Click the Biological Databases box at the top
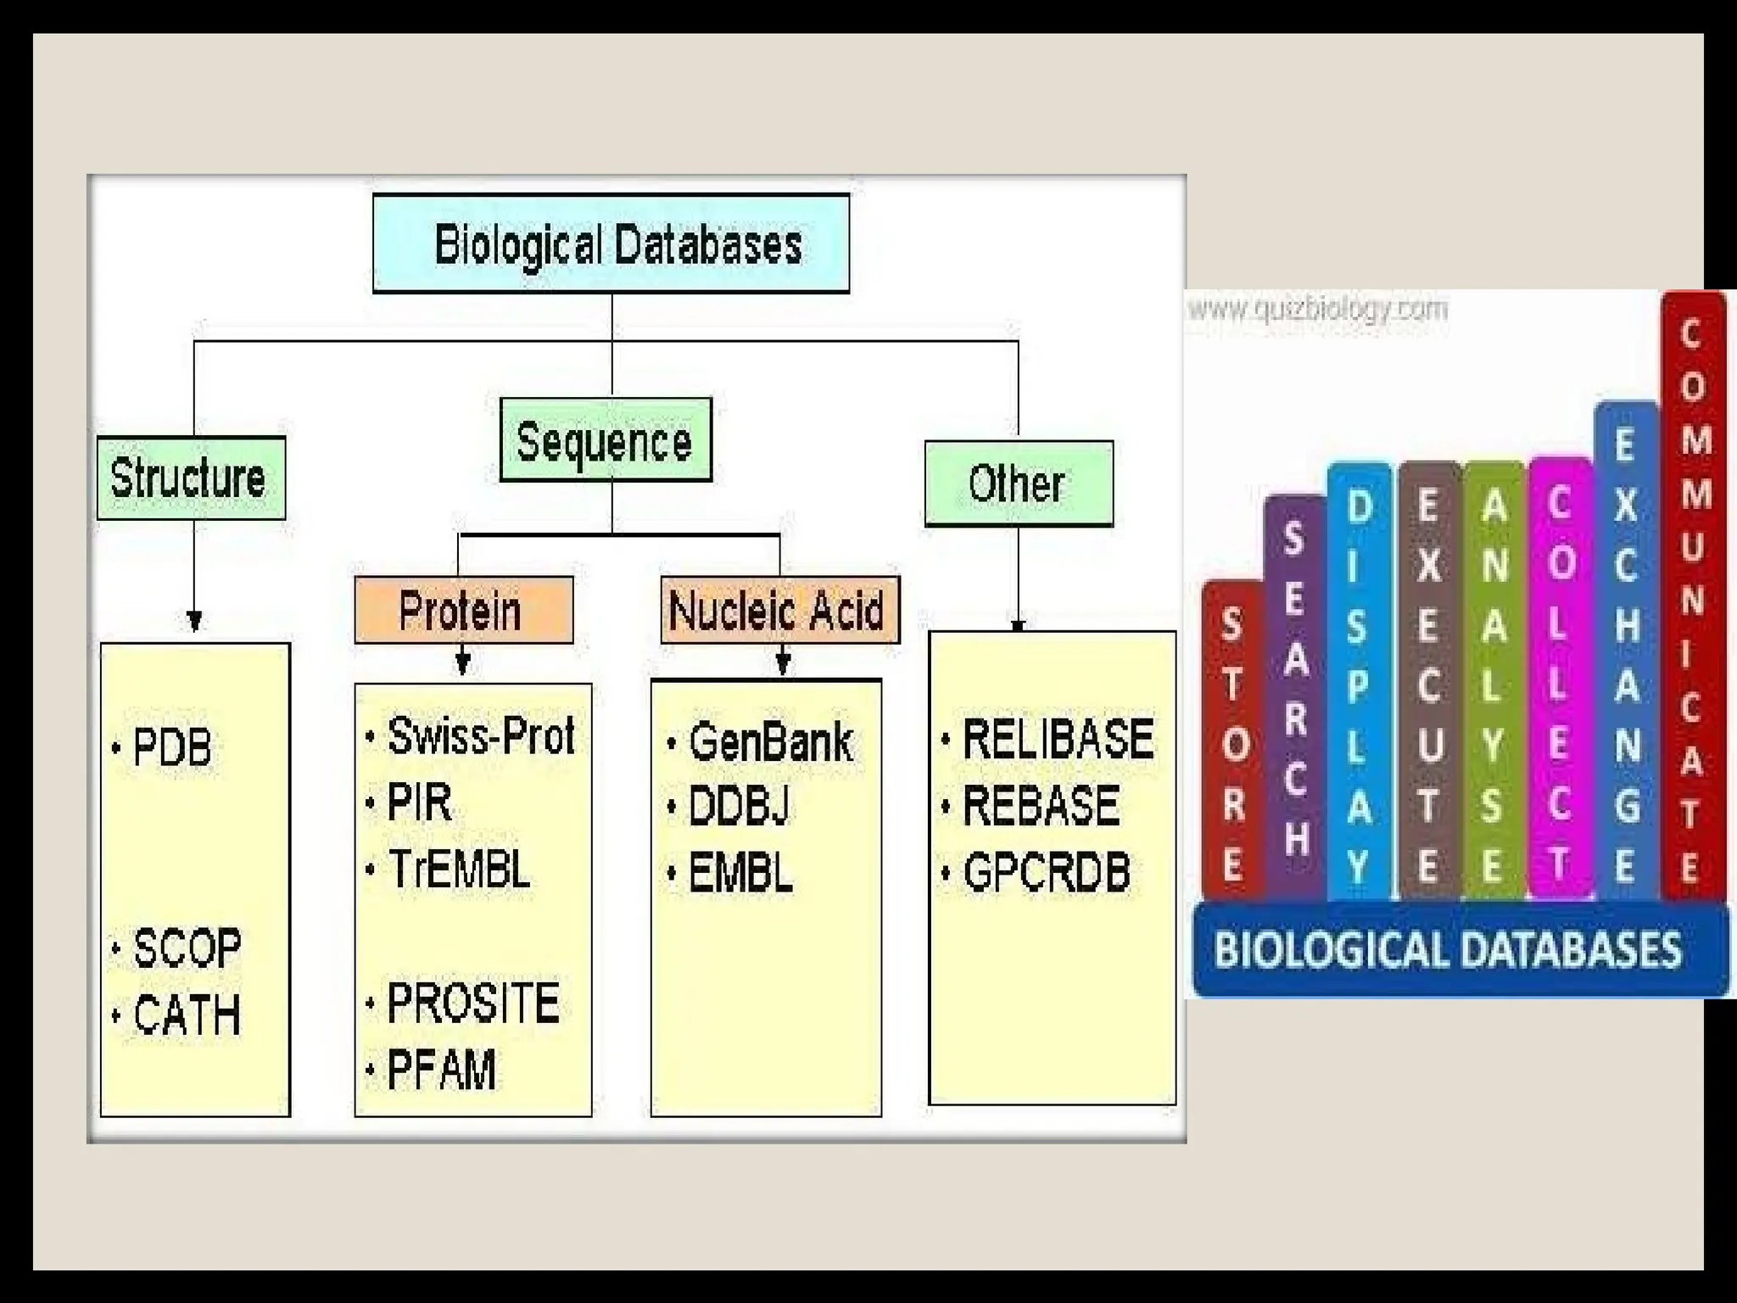click(x=611, y=244)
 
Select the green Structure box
click(x=191, y=478)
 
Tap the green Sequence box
click(x=605, y=440)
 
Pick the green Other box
click(x=1018, y=484)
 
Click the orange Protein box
click(x=463, y=610)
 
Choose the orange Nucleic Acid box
click(x=779, y=610)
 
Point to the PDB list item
click(x=172, y=747)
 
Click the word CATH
click(x=187, y=1015)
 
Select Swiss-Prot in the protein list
click(x=480, y=735)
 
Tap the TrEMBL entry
click(x=459, y=870)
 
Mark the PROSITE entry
click(x=473, y=1003)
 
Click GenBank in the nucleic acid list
click(x=770, y=742)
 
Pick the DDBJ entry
click(x=739, y=806)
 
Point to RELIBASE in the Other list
click(x=1058, y=738)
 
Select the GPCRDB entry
click(x=1047, y=873)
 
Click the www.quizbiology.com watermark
click(x=1317, y=309)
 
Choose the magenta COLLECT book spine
click(x=1560, y=679)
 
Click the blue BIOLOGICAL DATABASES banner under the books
click(x=1447, y=948)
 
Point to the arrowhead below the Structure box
click(x=194, y=621)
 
